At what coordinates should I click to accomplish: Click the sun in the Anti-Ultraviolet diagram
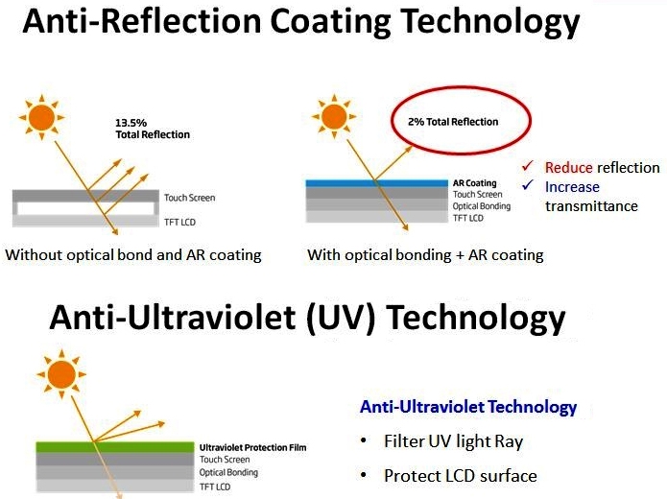click(x=61, y=374)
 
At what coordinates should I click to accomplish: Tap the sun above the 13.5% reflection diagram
click(x=41, y=117)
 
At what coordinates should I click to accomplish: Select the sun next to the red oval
click(x=334, y=116)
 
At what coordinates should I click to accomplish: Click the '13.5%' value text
click(x=131, y=123)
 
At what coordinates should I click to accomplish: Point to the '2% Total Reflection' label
click(x=453, y=122)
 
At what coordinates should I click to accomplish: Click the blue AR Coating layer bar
click(x=377, y=183)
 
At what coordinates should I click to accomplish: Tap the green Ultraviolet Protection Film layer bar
click(x=115, y=447)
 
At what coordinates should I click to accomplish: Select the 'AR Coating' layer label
click(x=475, y=183)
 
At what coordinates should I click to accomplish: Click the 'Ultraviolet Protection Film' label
click(x=252, y=447)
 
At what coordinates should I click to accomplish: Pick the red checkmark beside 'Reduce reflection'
click(x=528, y=165)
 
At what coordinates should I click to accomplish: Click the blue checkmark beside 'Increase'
click(x=528, y=184)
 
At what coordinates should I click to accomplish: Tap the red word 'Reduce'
click(x=568, y=168)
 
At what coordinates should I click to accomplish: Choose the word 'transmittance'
click(x=591, y=206)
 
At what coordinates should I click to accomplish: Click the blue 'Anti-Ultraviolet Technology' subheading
click(x=468, y=407)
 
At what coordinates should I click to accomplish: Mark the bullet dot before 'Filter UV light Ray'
click(x=364, y=440)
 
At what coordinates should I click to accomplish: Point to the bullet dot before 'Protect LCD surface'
click(x=364, y=475)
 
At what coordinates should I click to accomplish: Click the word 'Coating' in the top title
click(x=330, y=22)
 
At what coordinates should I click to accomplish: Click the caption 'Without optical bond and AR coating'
click(x=133, y=255)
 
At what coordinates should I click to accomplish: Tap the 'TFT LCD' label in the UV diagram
click(x=215, y=487)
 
